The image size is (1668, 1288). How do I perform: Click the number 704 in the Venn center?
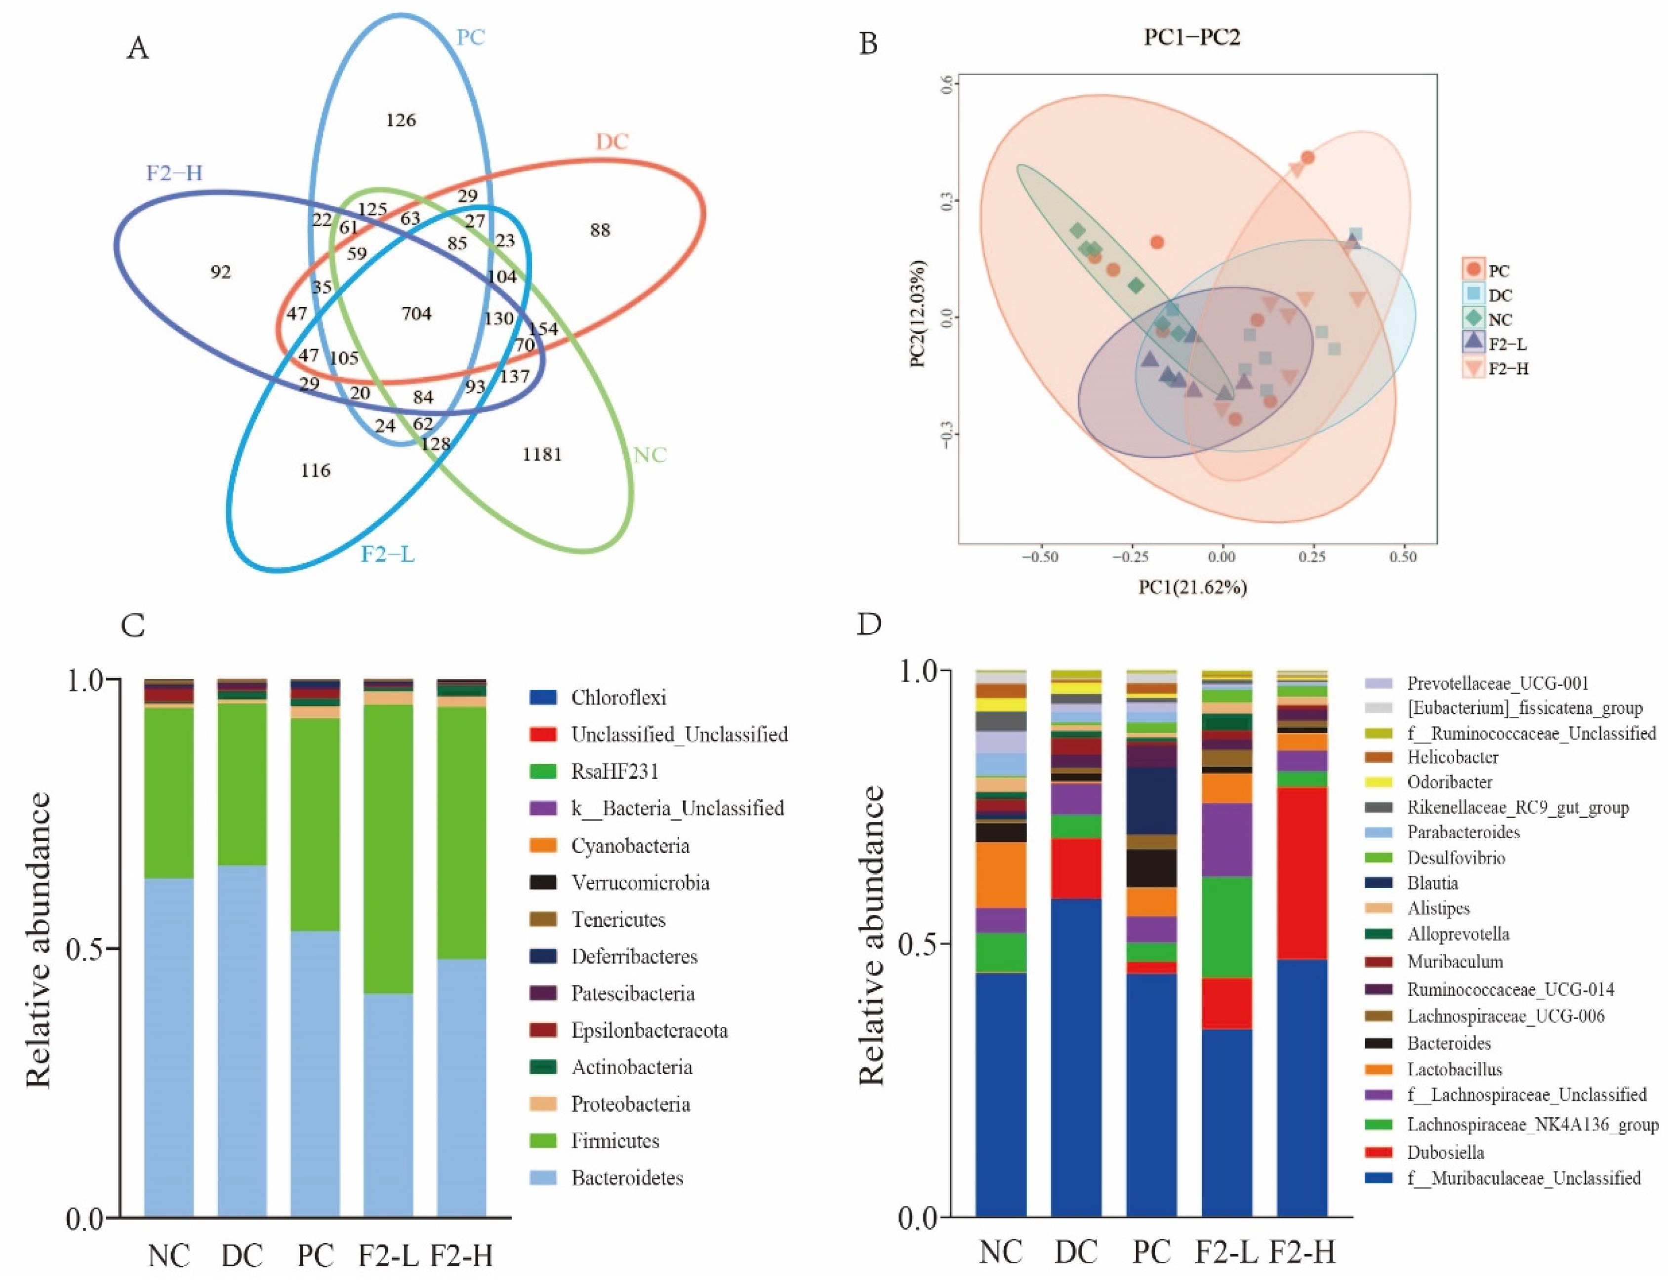pos(416,314)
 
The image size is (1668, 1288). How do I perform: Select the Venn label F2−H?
pos(174,173)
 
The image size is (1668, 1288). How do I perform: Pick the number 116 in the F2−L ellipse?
pos(316,470)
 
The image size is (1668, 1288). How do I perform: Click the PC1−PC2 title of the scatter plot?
pos(1191,37)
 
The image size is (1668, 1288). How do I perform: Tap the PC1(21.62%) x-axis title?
pos(1193,586)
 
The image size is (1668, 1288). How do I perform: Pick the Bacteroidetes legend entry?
pos(626,1178)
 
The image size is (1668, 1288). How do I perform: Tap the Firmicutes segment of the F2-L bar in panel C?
pos(388,848)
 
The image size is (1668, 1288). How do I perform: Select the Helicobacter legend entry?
pos(1452,757)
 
